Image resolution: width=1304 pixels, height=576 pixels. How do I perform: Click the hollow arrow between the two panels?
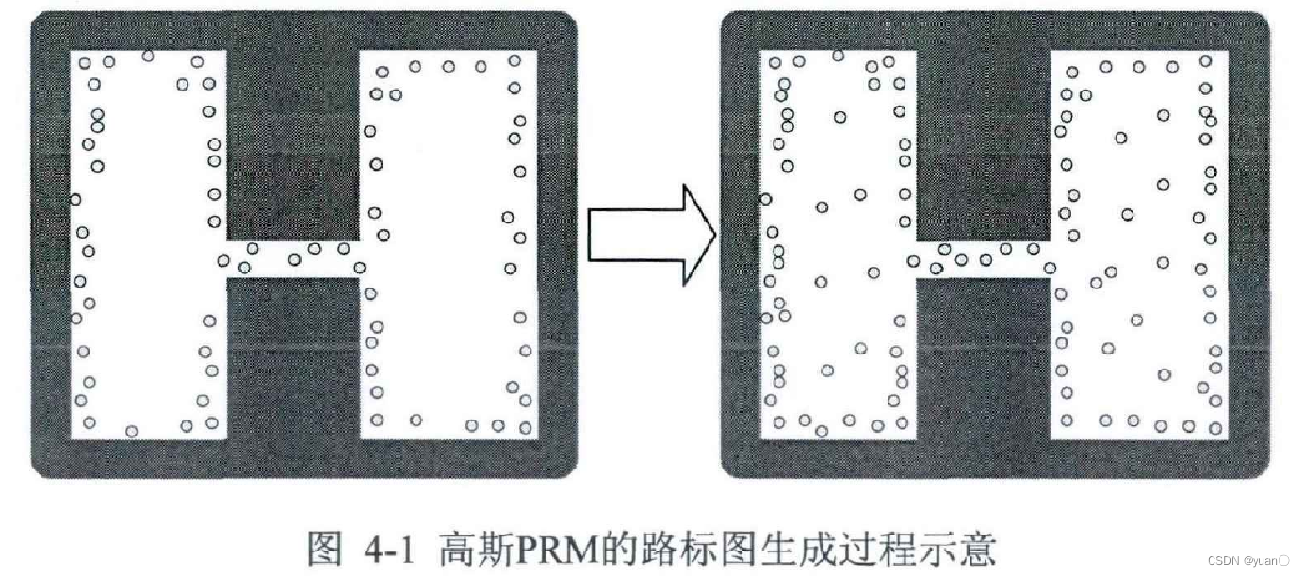coord(650,235)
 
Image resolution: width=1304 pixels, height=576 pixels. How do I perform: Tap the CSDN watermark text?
coord(1222,560)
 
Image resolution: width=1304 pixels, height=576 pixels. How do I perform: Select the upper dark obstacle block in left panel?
coord(293,141)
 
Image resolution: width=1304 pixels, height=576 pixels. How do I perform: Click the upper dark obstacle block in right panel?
coord(983,141)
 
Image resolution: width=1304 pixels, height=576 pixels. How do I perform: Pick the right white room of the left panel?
coord(447,245)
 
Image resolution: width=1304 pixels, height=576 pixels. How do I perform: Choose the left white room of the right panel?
coord(839,245)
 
